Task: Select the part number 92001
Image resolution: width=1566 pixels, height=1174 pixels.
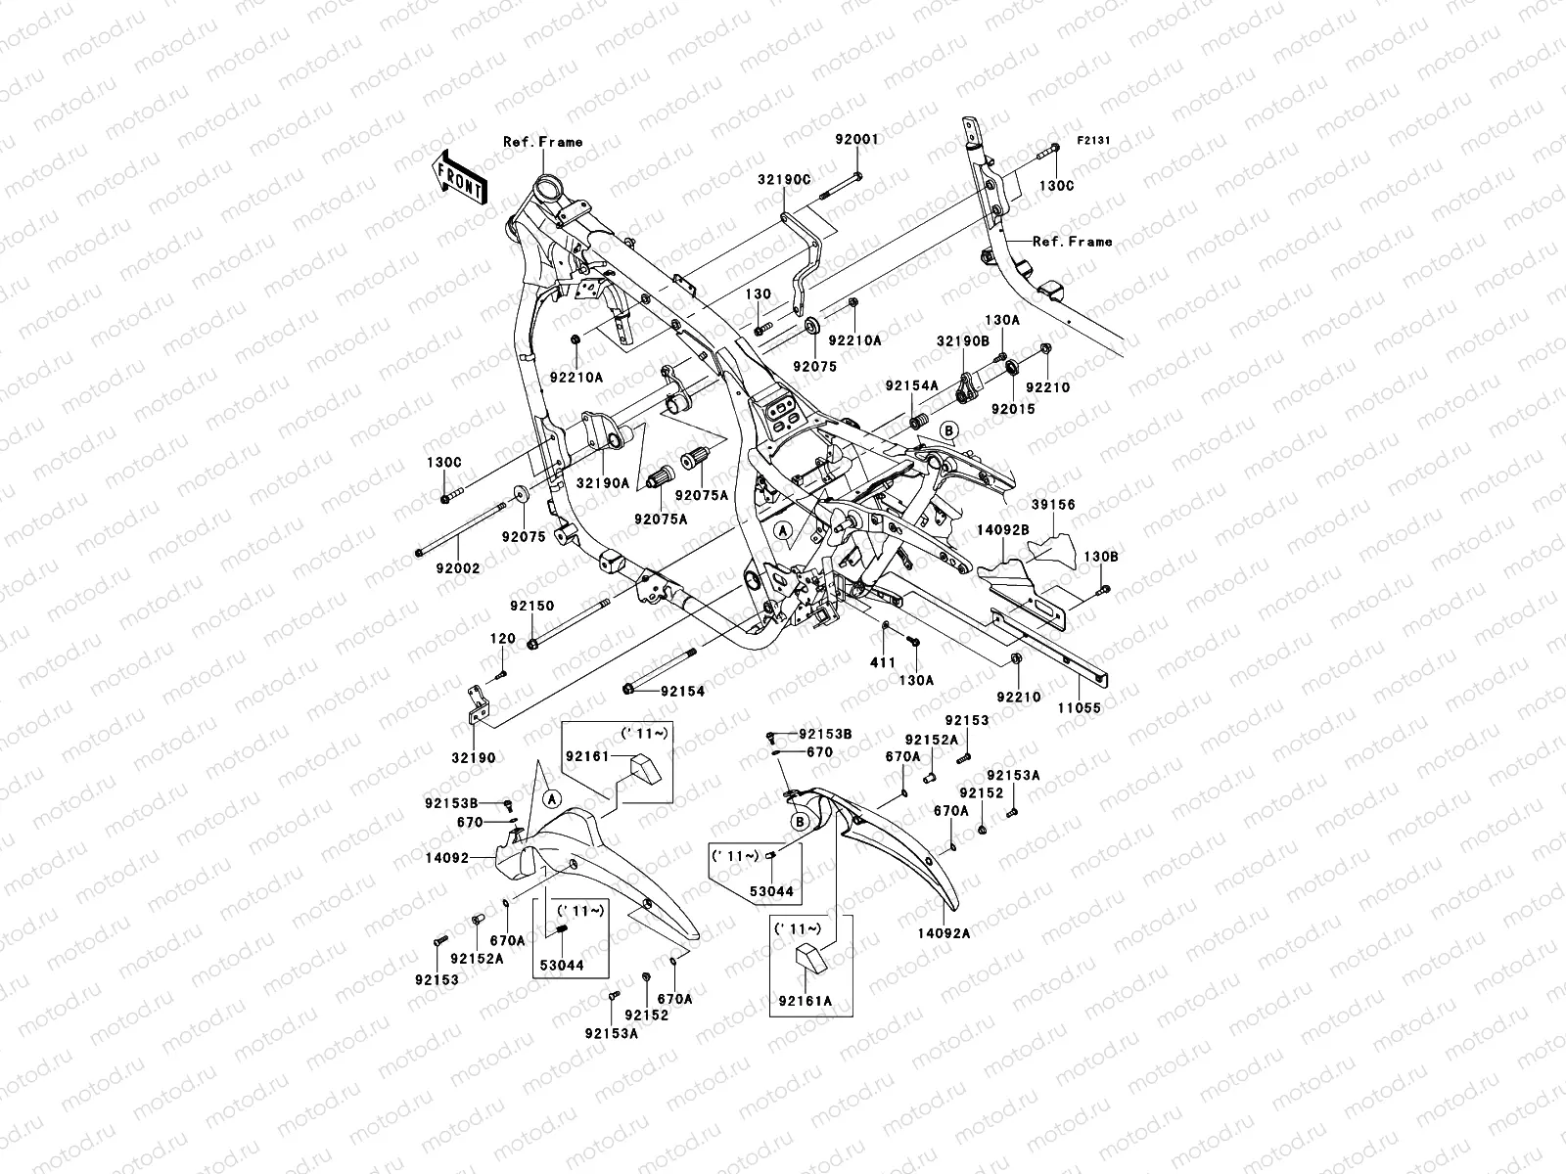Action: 857,140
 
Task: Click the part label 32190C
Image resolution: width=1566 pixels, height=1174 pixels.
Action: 811,179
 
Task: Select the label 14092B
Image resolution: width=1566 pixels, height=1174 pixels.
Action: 1003,529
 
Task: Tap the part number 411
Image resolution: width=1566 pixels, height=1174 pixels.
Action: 883,662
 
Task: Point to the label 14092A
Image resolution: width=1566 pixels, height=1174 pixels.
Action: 945,933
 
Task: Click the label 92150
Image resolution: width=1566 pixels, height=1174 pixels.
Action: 531,606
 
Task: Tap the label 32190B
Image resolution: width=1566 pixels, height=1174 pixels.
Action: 963,340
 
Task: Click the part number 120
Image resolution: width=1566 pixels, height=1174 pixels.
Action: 502,639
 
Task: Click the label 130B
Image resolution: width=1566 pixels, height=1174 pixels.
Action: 1101,557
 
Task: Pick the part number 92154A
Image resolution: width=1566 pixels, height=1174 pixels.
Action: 912,385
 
